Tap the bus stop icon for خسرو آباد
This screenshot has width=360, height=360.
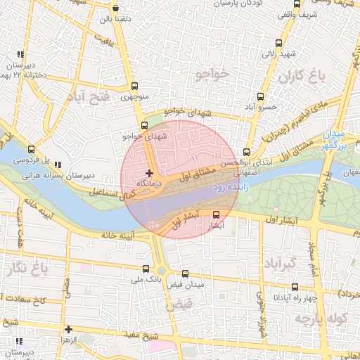click(x=261, y=96)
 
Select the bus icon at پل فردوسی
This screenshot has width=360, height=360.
click(x=30, y=149)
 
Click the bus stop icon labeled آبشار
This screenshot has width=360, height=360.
click(x=216, y=215)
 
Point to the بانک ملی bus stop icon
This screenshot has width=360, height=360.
click(x=146, y=269)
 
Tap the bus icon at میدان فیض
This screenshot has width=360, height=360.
click(x=185, y=274)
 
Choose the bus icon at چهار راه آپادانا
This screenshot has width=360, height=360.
click(x=295, y=286)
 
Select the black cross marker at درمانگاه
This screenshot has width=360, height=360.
click(x=149, y=172)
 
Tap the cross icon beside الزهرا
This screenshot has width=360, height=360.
click(x=68, y=328)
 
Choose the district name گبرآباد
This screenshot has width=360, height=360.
click(x=278, y=264)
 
